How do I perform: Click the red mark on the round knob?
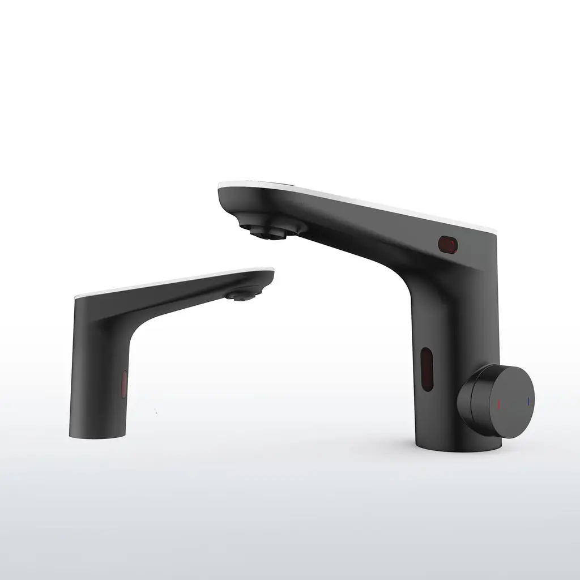point(498,403)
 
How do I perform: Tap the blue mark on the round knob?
point(528,401)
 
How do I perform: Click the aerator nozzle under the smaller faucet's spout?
point(240,295)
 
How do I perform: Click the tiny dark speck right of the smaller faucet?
point(156,411)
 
